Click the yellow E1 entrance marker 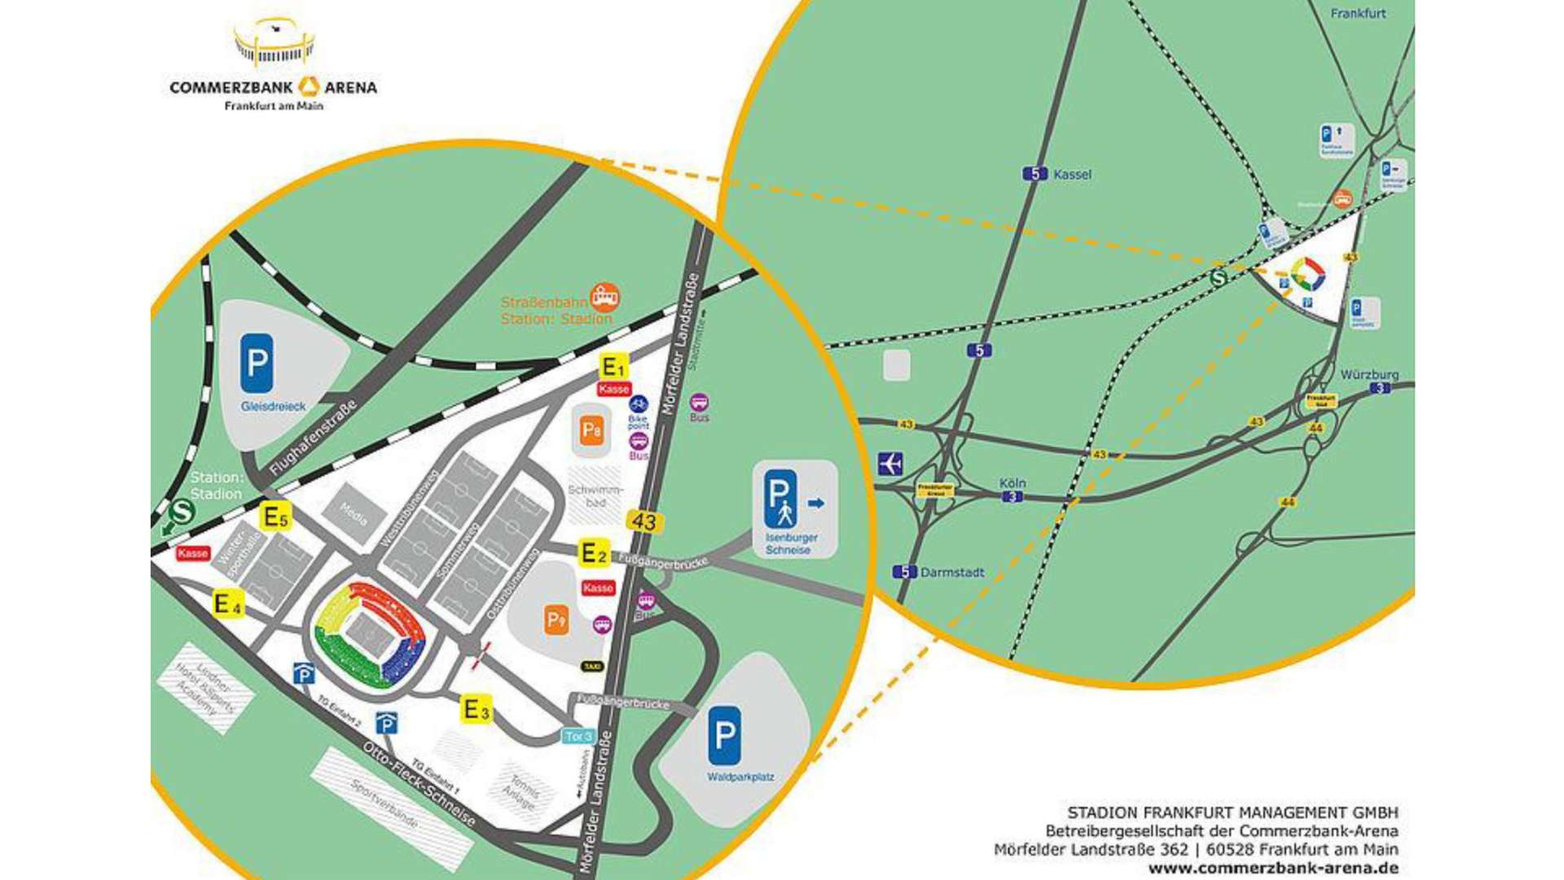pyautogui.click(x=613, y=367)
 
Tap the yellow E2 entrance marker pyautogui.click(x=593, y=553)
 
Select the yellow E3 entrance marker pyautogui.click(x=477, y=709)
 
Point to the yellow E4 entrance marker pyautogui.click(x=227, y=605)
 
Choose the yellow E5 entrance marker pyautogui.click(x=275, y=517)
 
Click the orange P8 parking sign pyautogui.click(x=591, y=430)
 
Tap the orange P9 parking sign pyautogui.click(x=556, y=620)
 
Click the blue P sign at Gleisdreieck pyautogui.click(x=257, y=363)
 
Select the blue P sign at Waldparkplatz pyautogui.click(x=723, y=736)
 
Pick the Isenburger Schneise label pyautogui.click(x=791, y=543)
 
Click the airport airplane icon pyautogui.click(x=890, y=464)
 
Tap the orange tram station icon pyautogui.click(x=604, y=297)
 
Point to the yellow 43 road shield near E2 pyautogui.click(x=644, y=521)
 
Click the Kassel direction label pyautogui.click(x=1071, y=174)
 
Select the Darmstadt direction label pyautogui.click(x=951, y=572)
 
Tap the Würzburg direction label pyautogui.click(x=1368, y=375)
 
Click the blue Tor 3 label pyautogui.click(x=578, y=737)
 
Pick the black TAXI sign pyautogui.click(x=592, y=667)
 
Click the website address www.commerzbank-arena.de pyautogui.click(x=1273, y=869)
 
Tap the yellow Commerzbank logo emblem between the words pyautogui.click(x=309, y=86)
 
